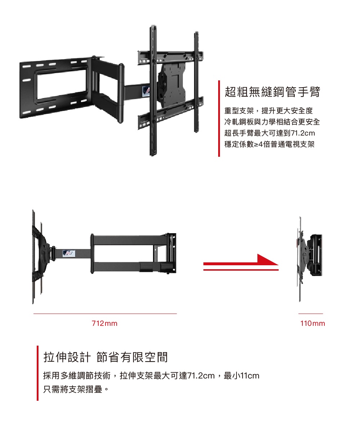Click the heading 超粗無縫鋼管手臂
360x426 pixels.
(x=272, y=92)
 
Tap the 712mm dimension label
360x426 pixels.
(x=104, y=324)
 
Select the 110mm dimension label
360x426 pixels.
(x=312, y=324)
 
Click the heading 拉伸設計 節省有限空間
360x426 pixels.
(x=105, y=357)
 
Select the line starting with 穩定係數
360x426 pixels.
(x=270, y=145)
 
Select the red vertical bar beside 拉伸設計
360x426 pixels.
(x=37, y=373)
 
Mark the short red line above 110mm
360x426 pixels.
(x=310, y=314)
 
